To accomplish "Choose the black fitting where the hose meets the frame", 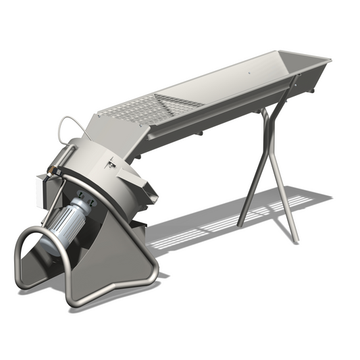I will click(51, 165).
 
